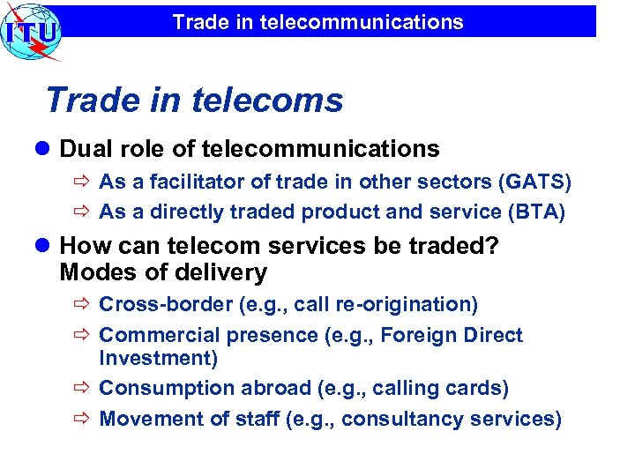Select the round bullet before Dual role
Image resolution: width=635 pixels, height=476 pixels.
click(44, 149)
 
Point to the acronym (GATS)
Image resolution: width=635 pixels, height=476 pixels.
click(534, 182)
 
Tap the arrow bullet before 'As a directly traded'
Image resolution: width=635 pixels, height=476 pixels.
click(84, 212)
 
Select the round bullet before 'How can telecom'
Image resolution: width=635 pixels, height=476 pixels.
click(44, 247)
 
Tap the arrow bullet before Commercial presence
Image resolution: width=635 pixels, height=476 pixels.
click(84, 336)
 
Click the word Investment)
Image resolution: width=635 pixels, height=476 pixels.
click(158, 358)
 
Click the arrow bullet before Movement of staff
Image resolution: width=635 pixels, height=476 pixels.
click(84, 419)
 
